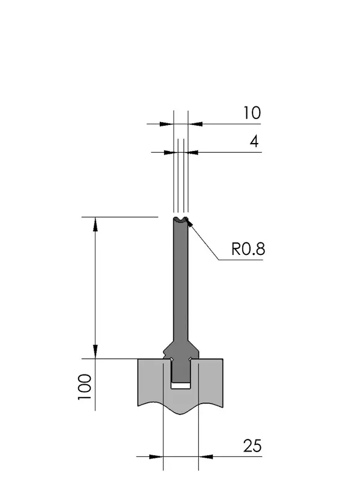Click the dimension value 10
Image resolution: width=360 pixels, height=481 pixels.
click(x=252, y=113)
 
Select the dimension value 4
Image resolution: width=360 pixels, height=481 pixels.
click(x=254, y=142)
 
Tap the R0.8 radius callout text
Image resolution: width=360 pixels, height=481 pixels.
click(x=248, y=249)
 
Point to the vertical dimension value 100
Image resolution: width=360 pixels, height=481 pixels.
click(x=85, y=387)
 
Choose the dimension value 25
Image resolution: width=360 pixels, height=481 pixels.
click(x=252, y=446)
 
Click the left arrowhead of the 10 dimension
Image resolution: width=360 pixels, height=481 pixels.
click(x=166, y=124)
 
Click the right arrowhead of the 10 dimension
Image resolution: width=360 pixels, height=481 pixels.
click(x=195, y=124)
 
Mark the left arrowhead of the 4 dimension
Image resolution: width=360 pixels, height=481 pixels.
click(x=171, y=152)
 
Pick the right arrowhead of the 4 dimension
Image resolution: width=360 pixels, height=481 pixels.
click(x=191, y=152)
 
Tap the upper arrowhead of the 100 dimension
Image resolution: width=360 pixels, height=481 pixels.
click(x=96, y=224)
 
